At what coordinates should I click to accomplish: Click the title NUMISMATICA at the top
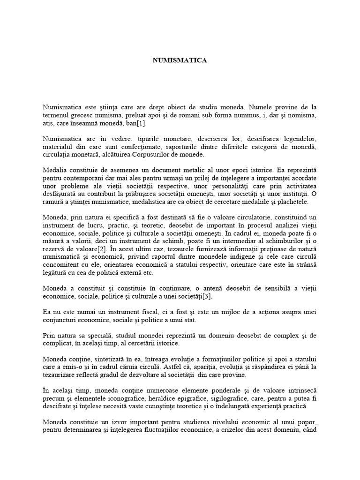pyautogui.click(x=180, y=60)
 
